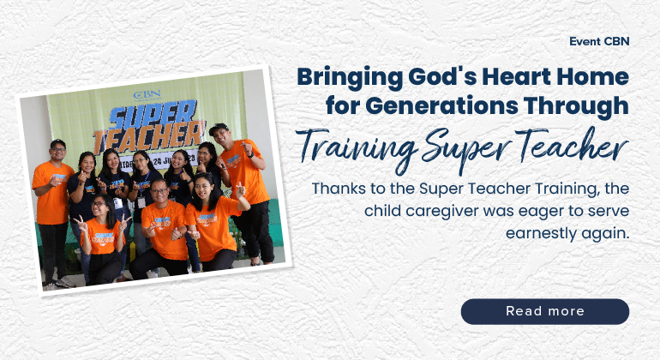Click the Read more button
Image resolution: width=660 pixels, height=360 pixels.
[544, 311]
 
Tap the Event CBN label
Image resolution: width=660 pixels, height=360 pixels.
[599, 41]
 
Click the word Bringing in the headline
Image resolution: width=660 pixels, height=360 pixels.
[350, 78]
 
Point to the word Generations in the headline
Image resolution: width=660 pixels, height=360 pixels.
[441, 105]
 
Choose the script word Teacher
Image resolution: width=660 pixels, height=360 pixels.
[572, 145]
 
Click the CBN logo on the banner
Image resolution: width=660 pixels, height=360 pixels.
[147, 95]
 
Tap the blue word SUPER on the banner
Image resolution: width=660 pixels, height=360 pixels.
[153, 115]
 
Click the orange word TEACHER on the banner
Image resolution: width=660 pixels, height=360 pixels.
[149, 138]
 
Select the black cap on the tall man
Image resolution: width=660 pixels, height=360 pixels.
[219, 128]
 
